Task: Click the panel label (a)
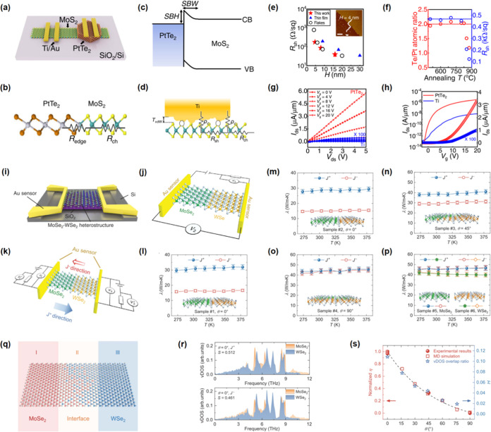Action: (8, 6)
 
